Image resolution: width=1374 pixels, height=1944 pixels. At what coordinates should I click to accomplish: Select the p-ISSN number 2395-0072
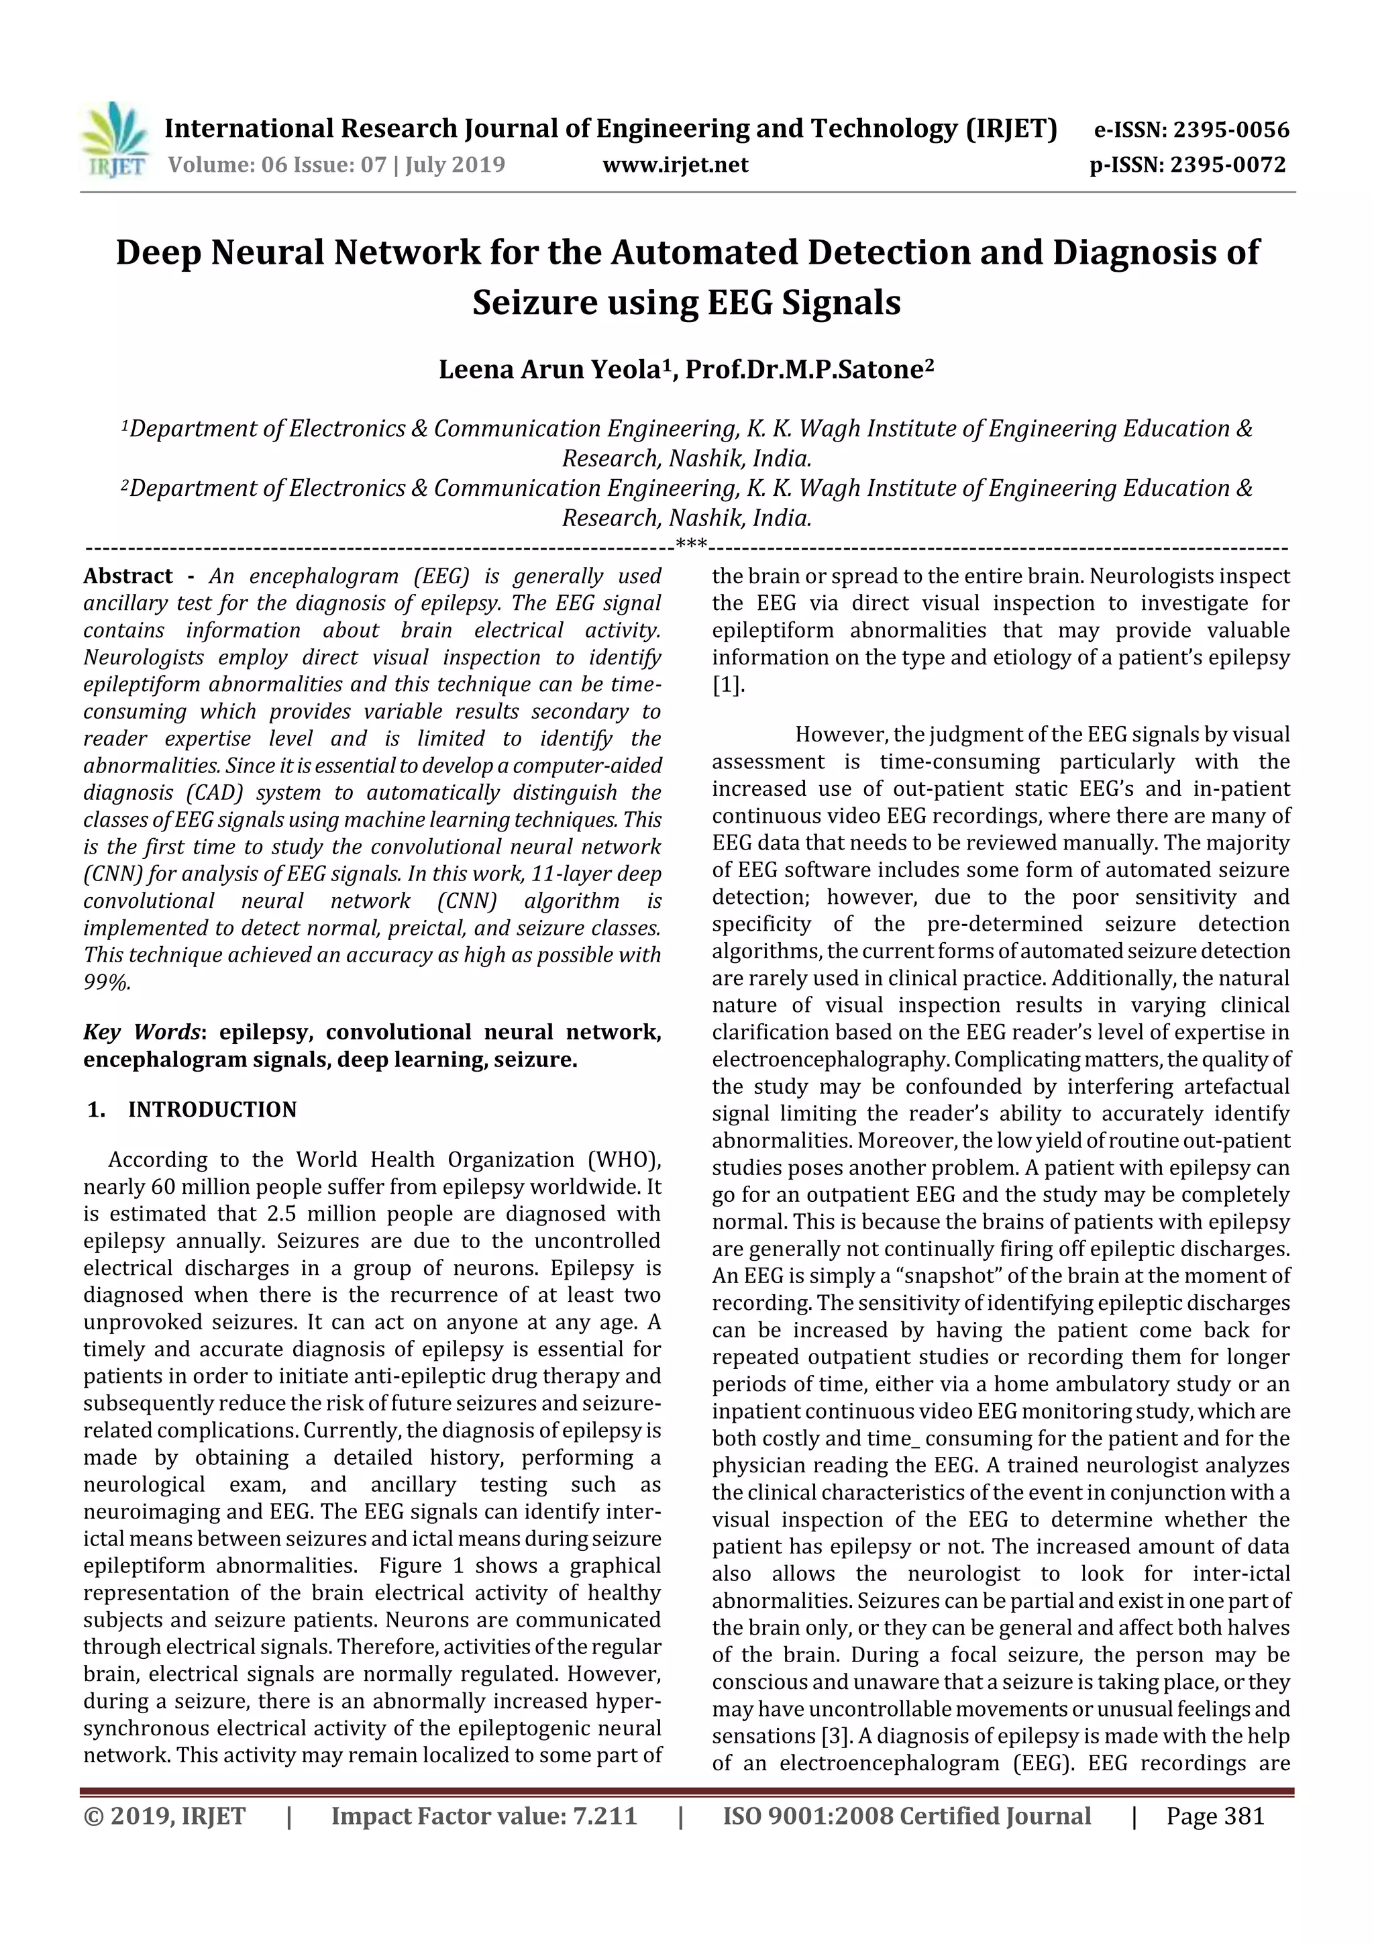tap(1228, 165)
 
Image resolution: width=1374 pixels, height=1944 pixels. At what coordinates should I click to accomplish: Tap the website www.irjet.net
tap(675, 165)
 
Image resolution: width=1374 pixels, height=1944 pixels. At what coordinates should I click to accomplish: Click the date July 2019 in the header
tap(455, 164)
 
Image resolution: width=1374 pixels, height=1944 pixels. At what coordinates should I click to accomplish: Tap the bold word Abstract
tap(128, 576)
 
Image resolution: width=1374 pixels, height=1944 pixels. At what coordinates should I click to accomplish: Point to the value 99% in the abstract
tap(107, 983)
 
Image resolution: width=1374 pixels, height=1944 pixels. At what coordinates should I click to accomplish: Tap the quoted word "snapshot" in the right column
tap(857, 1276)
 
